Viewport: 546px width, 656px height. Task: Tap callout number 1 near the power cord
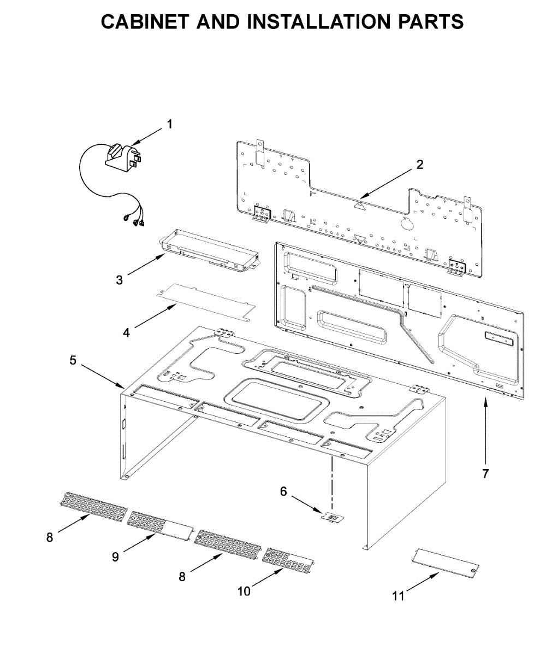point(169,125)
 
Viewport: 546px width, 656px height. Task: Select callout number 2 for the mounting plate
point(419,164)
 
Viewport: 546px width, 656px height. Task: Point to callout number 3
point(119,280)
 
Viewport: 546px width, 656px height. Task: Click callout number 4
point(126,332)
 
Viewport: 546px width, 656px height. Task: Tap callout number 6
point(283,491)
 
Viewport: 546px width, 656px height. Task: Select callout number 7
point(485,473)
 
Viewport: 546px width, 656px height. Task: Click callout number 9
point(115,557)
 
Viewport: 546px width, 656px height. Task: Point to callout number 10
point(244,591)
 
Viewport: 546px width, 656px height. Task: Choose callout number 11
point(399,596)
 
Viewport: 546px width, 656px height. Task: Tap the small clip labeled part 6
point(333,517)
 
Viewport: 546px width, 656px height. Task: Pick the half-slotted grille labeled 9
point(160,525)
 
